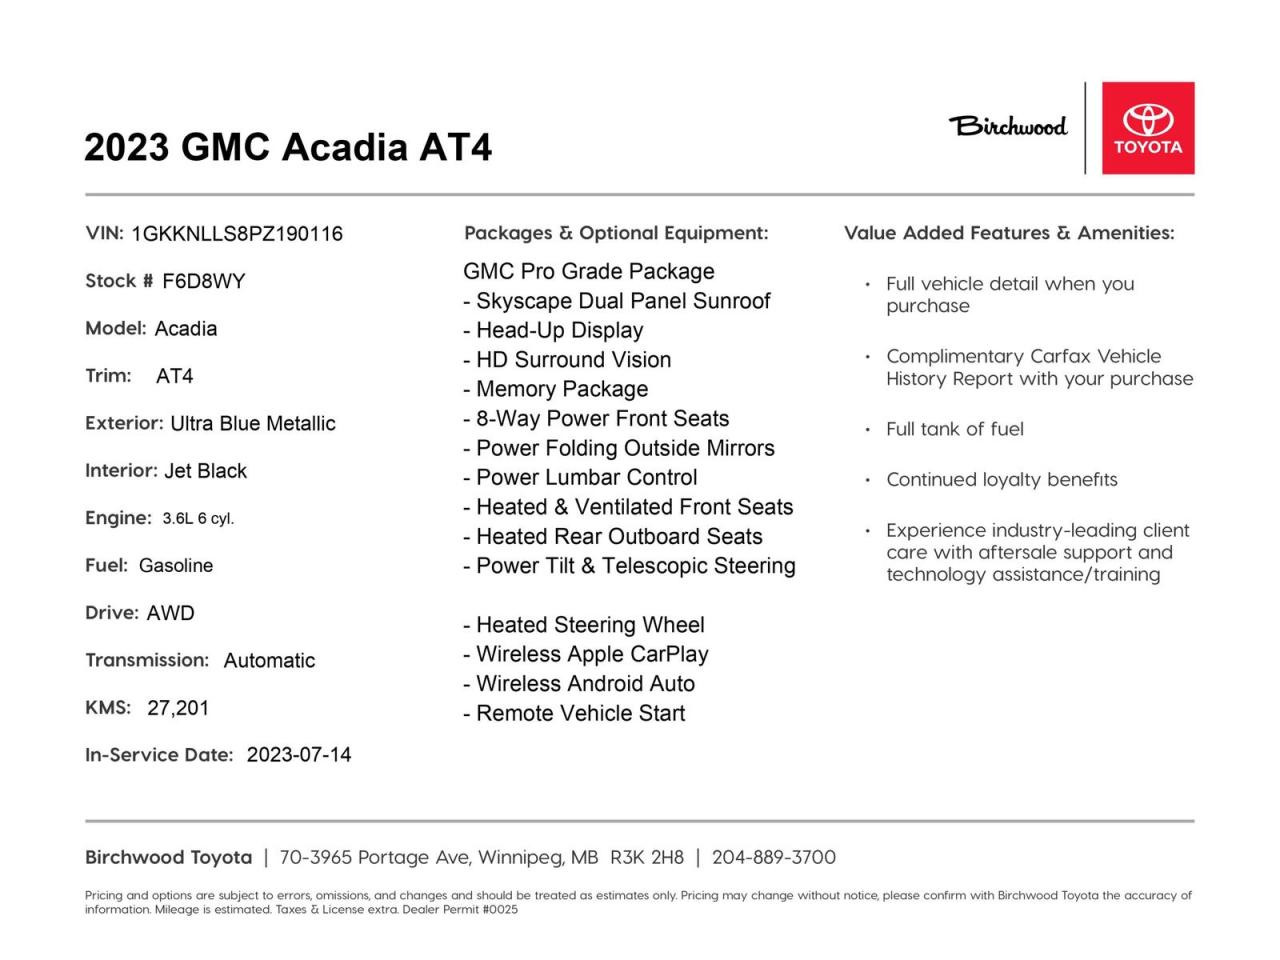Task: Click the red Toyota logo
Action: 1148,128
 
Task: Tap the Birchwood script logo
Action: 1007,126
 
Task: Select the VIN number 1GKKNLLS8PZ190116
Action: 237,234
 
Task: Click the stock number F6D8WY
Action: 203,281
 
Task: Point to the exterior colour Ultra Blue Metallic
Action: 253,424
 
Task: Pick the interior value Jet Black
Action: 205,471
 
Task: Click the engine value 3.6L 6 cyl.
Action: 198,518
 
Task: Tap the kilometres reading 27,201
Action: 178,708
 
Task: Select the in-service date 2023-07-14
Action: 299,755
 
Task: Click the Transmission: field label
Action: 147,660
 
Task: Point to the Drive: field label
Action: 112,613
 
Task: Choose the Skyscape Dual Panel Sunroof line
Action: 617,301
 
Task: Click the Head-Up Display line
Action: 553,330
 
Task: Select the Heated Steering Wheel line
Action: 584,625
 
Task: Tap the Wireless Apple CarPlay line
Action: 586,654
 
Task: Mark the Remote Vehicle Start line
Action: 574,713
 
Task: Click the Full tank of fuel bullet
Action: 954,429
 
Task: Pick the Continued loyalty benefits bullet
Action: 1001,480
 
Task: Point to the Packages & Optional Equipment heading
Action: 616,233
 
